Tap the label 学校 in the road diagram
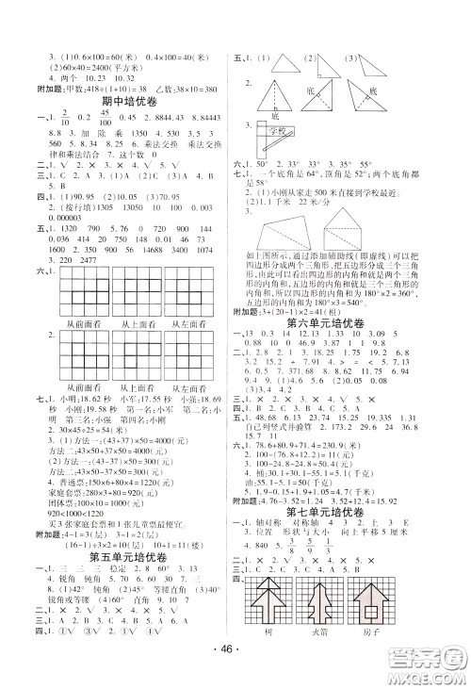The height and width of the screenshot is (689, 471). (x=274, y=130)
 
